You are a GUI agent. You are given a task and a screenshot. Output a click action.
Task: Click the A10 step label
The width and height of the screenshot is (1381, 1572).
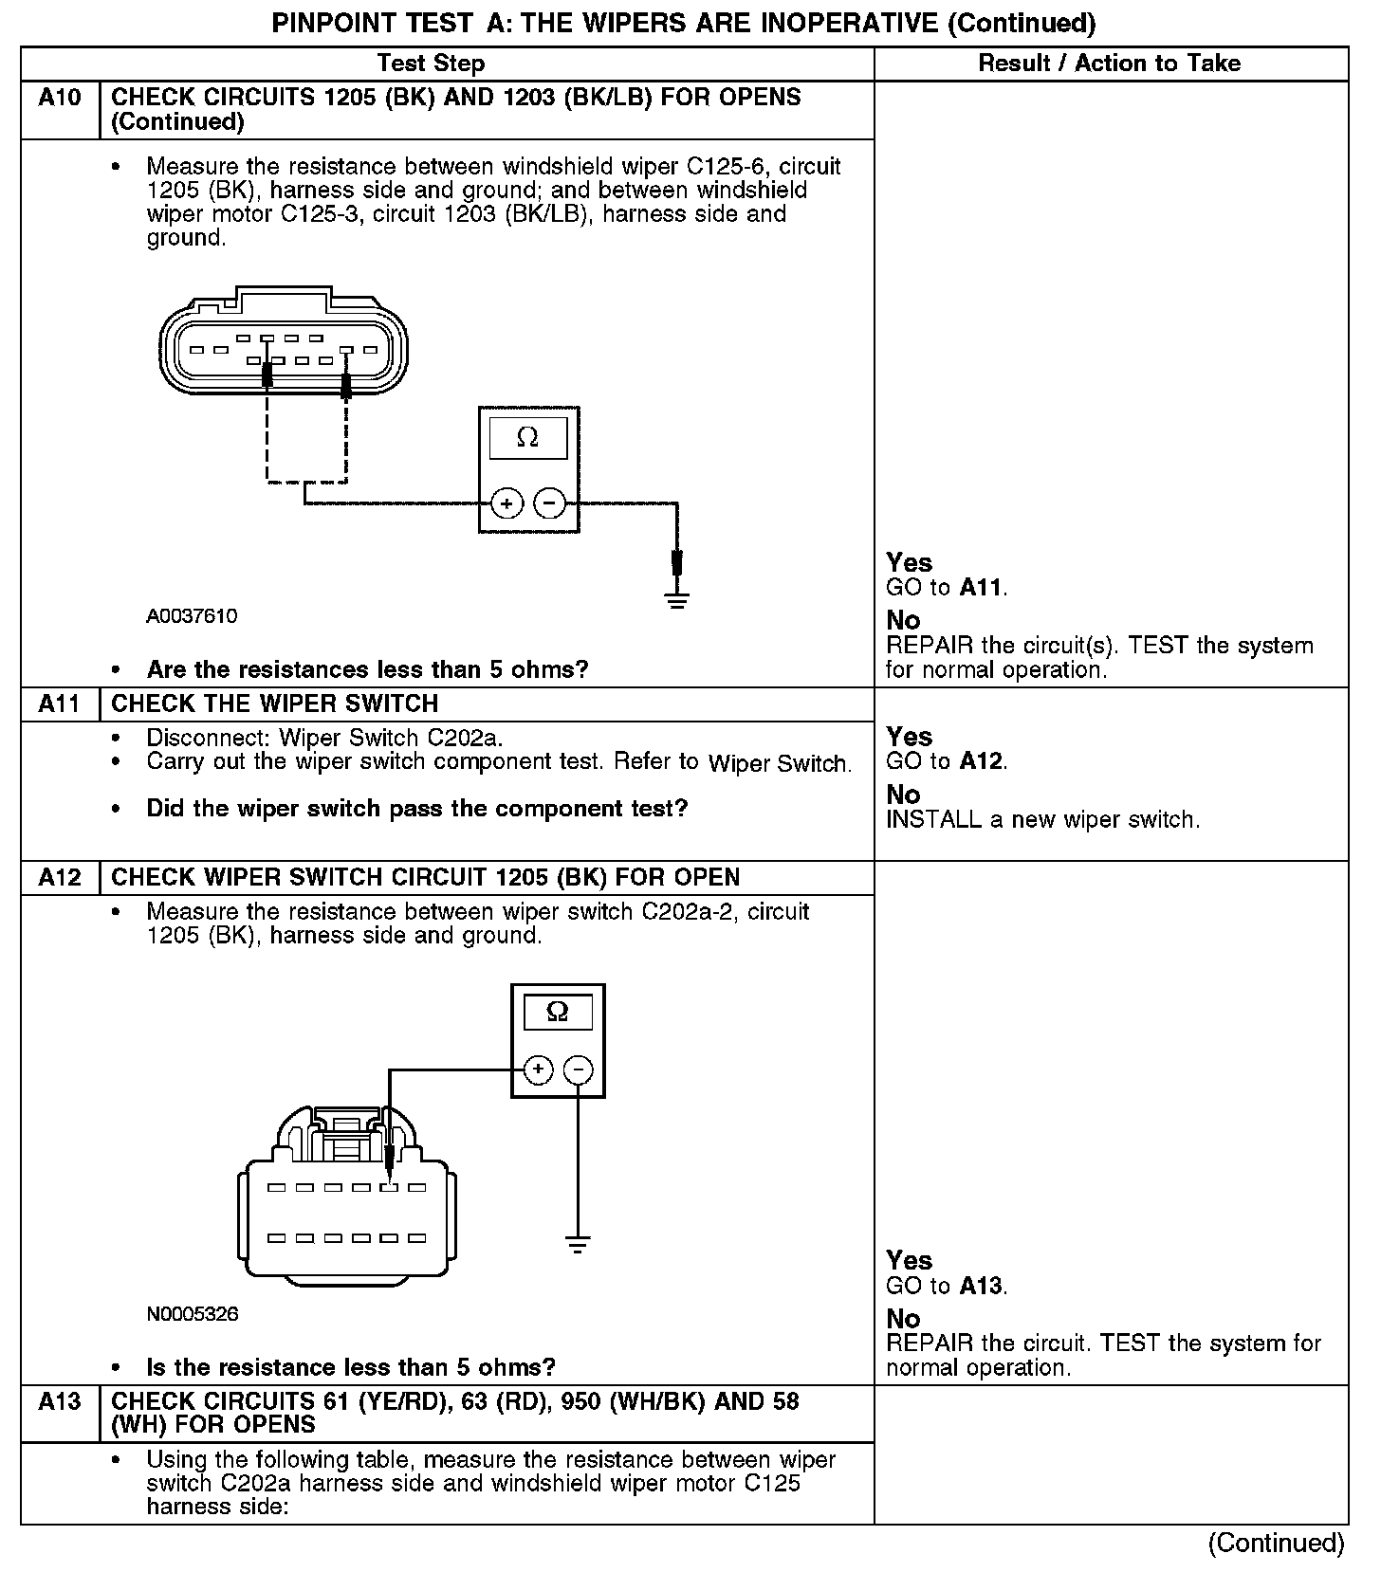[60, 98]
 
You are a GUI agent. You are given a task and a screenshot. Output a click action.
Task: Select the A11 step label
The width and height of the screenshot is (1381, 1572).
[60, 704]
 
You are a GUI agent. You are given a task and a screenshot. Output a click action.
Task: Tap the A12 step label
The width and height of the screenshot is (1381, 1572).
[60, 877]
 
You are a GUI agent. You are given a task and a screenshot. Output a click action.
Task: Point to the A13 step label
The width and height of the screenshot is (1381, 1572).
[60, 1400]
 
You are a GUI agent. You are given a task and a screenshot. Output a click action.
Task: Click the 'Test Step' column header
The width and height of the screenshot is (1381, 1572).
[431, 64]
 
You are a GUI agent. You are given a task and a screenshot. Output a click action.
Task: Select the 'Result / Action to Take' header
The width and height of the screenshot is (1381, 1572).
[1109, 64]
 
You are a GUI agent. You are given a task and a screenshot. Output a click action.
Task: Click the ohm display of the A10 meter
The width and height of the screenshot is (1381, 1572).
[527, 438]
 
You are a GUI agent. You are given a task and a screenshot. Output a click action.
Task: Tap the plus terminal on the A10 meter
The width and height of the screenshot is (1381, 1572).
[507, 503]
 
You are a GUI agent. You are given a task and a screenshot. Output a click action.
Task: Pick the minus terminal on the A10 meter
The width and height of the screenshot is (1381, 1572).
[549, 503]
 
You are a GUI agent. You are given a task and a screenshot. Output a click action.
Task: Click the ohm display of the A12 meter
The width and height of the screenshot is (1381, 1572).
[558, 1012]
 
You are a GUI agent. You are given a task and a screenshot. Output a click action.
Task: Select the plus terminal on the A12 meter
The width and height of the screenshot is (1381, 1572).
[538, 1070]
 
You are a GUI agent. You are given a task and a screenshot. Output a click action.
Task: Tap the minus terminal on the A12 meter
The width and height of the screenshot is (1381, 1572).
[578, 1070]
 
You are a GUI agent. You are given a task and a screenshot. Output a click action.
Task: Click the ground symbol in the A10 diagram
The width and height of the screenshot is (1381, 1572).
[676, 599]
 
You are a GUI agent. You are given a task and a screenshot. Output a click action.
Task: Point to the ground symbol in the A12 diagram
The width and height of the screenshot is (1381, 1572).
[577, 1244]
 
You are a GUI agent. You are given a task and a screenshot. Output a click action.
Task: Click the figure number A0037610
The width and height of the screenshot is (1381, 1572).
[192, 616]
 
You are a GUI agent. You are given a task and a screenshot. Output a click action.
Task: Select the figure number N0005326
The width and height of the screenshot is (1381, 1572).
[193, 1314]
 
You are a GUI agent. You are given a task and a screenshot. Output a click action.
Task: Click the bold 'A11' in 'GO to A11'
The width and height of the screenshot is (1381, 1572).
[981, 588]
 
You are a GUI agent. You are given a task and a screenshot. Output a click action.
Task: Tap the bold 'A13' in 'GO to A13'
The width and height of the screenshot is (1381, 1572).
[981, 1286]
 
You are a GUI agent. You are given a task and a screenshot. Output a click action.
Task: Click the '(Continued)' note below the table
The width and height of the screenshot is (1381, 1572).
[1276, 1544]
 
